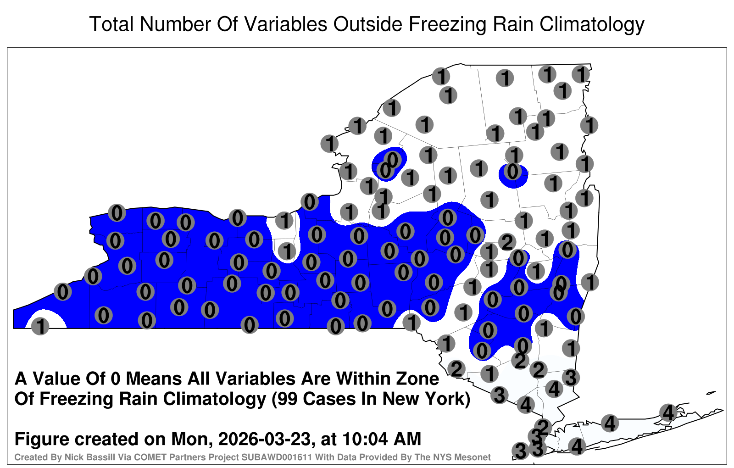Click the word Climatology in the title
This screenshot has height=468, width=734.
pyautogui.click(x=592, y=25)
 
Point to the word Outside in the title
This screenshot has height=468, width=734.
pyautogui.click(x=367, y=24)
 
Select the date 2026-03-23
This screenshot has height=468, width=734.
pyautogui.click(x=264, y=439)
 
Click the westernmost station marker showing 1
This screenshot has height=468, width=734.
pyautogui.click(x=40, y=326)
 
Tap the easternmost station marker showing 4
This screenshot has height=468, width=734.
pyautogui.click(x=668, y=412)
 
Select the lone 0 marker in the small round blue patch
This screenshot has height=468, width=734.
pyautogui.click(x=513, y=172)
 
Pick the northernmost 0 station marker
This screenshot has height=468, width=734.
pyautogui.click(x=393, y=159)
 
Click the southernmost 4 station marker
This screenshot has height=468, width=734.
pyautogui.click(x=577, y=446)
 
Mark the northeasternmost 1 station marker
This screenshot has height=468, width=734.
pyautogui.click(x=581, y=74)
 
